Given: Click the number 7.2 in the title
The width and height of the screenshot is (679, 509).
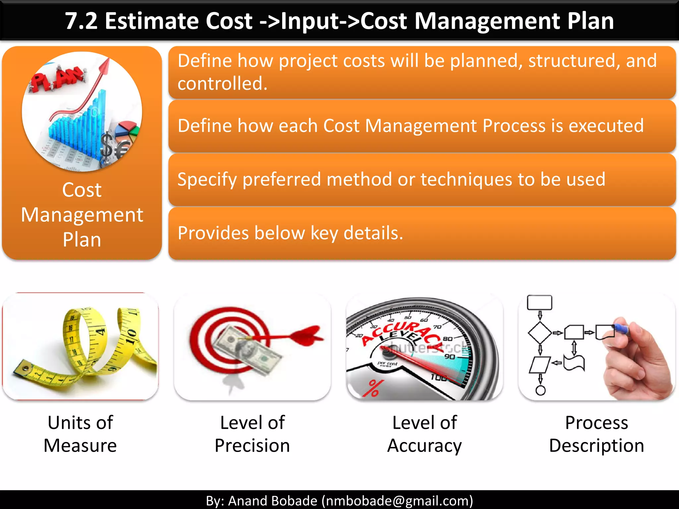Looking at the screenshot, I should pos(81,21).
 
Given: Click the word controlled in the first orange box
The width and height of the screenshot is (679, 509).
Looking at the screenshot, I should pos(222,83).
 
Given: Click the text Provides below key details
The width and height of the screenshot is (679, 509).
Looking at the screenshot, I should pos(290,233).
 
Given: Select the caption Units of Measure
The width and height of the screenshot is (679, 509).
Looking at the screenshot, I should pos(80,434).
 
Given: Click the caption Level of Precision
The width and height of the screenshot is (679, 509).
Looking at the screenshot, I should pos(252,434).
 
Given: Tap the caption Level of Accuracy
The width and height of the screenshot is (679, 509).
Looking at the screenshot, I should pos(424,434).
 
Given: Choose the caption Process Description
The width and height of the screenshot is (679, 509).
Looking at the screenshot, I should pos(596,434).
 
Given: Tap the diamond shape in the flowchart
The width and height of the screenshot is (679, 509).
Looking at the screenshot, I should pos(540,333).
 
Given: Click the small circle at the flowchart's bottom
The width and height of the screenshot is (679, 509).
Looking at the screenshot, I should pos(540,390).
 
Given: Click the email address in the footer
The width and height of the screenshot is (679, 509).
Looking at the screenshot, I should pos(397,501).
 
